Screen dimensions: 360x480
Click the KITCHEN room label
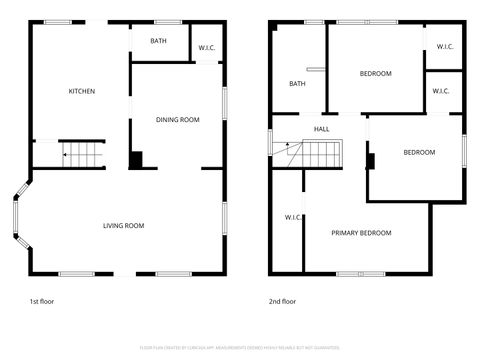pos(82,92)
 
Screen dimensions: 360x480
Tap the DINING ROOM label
pos(178,120)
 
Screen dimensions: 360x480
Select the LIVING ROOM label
pos(124,226)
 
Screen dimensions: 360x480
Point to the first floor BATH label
pos(158,41)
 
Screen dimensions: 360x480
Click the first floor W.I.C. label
pos(208,47)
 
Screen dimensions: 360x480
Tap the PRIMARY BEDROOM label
pos(361,233)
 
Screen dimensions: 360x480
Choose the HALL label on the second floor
pos(322,129)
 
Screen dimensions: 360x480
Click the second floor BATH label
pos(297,84)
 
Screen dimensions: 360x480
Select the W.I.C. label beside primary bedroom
pos(293,217)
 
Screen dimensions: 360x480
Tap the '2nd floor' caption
pos(282,301)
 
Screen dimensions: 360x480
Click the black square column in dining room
pos(136,159)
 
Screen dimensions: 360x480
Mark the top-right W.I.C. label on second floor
pos(443,46)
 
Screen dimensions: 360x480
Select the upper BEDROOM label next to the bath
pos(375,73)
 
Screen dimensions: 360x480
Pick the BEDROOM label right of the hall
pos(419,152)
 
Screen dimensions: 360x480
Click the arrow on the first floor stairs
pos(67,155)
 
